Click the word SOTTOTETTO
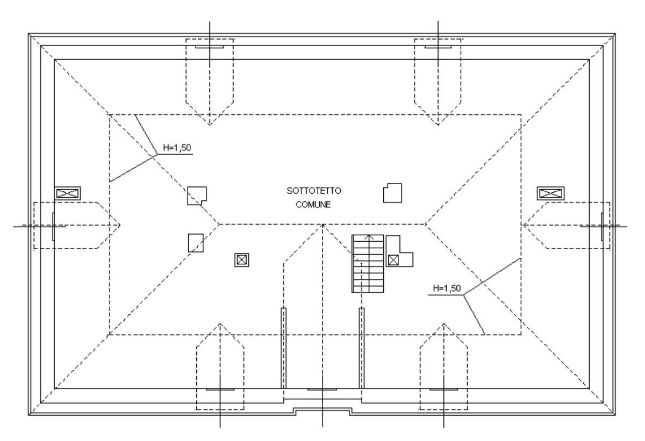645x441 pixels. pos(314,191)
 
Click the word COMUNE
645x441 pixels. pos(313,205)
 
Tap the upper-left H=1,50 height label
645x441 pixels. pos(177,148)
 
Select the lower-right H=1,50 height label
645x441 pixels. pos(447,288)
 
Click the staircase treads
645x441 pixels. pos(368,264)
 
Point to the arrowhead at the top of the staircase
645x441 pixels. pos(369,237)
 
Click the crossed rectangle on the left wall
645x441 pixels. pos(67,193)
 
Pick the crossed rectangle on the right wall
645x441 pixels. pos(550,193)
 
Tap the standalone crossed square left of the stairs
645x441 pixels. pos(241,260)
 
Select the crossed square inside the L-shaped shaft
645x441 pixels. pos(393,260)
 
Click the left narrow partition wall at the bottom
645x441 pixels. pos(284,348)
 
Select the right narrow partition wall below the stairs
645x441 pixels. pos(362,348)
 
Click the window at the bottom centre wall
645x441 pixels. pos(322,389)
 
